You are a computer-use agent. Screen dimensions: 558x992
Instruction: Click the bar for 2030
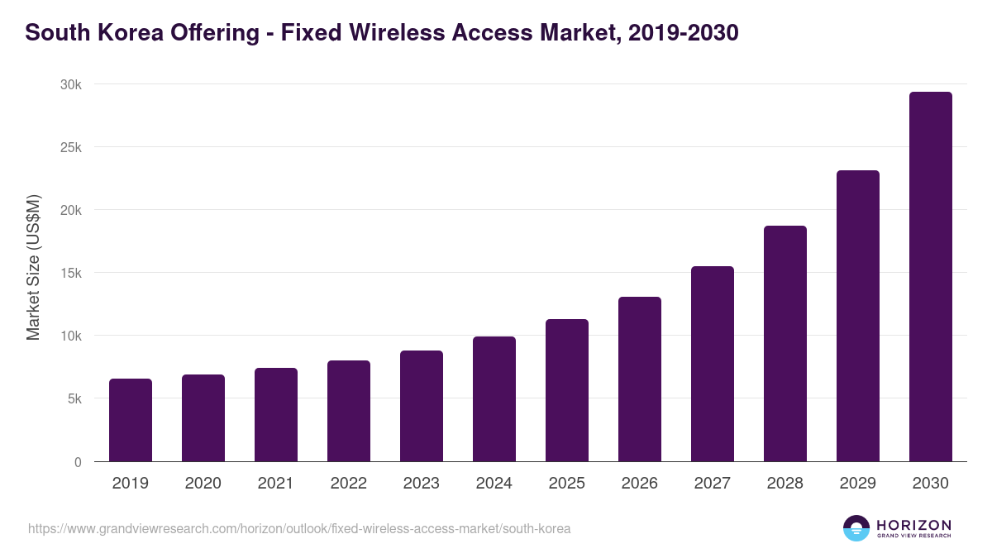(930, 277)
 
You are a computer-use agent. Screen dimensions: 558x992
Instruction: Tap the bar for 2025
(567, 390)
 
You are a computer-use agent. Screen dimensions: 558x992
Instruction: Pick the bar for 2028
(785, 344)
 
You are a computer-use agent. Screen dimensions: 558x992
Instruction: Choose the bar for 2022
(349, 411)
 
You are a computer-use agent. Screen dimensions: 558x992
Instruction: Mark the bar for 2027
(712, 364)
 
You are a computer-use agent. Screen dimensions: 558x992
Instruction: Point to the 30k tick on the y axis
(70, 84)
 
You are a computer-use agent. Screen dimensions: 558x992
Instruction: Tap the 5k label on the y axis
(74, 398)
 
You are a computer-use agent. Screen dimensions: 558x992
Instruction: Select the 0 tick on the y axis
(78, 462)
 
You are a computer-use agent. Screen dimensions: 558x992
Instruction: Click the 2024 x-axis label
(494, 484)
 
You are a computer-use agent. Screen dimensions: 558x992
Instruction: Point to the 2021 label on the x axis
(275, 484)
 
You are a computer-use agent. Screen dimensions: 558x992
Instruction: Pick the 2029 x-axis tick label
(857, 484)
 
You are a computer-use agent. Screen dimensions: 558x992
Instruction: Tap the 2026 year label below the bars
(639, 484)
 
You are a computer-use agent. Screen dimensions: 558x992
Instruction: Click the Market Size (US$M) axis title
(33, 267)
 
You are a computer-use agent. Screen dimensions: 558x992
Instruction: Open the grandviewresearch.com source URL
(299, 528)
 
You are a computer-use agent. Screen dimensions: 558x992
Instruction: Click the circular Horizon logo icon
(856, 528)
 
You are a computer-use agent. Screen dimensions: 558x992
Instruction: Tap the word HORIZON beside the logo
(913, 525)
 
